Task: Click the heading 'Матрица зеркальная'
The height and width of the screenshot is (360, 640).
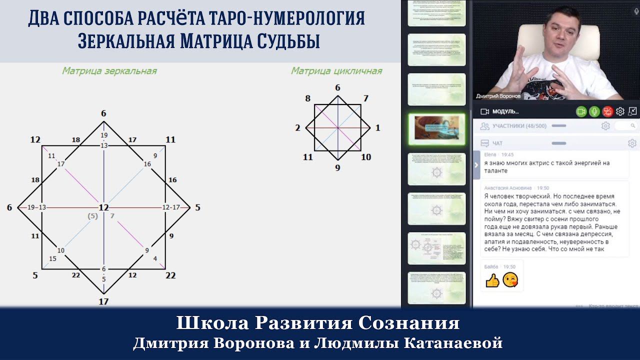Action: click(109, 71)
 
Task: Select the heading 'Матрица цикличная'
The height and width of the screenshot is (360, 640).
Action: click(336, 71)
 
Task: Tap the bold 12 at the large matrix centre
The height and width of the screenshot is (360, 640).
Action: click(103, 207)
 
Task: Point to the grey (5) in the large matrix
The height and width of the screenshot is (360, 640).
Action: click(92, 216)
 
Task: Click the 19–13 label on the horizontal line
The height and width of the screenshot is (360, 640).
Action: click(36, 207)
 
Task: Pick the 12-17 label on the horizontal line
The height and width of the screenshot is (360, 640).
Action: click(171, 207)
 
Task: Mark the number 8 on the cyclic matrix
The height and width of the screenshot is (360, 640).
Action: click(307, 98)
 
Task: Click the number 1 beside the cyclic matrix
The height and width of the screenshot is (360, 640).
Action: click(377, 128)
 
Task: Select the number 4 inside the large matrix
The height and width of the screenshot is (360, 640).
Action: click(155, 258)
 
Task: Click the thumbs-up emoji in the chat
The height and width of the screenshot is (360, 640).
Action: click(492, 280)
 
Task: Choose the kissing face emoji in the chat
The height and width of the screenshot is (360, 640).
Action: click(510, 280)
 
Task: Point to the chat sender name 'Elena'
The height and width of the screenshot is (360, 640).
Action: click(491, 155)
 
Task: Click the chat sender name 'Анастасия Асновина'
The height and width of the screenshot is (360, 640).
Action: click(508, 188)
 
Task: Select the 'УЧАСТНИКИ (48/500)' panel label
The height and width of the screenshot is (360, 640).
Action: click(519, 126)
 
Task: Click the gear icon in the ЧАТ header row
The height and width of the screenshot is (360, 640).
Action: click(631, 143)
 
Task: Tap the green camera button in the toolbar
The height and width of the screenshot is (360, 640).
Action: click(581, 111)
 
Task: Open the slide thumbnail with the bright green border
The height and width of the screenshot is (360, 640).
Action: click(436, 128)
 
